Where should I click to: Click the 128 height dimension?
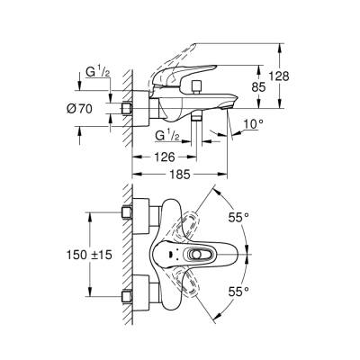279,76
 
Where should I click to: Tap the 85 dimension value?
258,87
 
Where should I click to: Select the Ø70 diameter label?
79,109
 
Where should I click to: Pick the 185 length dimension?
180,174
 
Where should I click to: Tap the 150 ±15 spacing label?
89,255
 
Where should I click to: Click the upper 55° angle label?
238,218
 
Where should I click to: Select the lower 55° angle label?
238,292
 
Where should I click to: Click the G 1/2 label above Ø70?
98,72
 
